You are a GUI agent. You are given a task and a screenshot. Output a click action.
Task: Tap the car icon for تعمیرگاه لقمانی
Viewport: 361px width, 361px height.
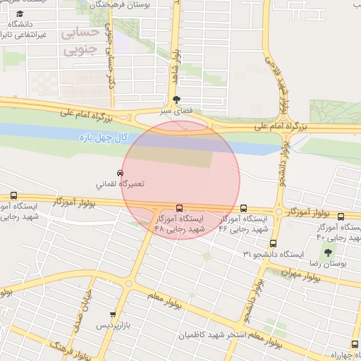[120, 172]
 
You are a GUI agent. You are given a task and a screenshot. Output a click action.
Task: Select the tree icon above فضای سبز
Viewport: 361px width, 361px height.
[176, 99]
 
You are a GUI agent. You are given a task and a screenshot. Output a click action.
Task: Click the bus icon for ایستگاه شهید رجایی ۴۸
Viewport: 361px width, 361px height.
[179, 208]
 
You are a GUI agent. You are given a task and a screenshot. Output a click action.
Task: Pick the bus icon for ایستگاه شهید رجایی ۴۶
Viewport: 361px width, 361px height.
[243, 208]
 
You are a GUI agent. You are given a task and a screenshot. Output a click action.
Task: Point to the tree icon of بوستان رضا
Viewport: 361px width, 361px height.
[327, 252]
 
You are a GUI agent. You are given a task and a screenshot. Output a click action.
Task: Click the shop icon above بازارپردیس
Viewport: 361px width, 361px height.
[112, 314]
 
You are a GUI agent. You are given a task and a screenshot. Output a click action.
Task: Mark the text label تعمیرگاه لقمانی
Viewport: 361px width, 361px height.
[120, 183]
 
